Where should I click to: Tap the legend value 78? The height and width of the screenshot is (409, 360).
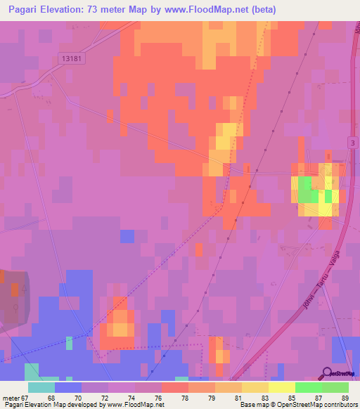(175, 398)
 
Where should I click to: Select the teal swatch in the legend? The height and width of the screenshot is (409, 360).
(41, 387)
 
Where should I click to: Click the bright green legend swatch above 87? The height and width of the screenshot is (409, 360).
(309, 387)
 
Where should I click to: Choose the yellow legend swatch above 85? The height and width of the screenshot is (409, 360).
(282, 387)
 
